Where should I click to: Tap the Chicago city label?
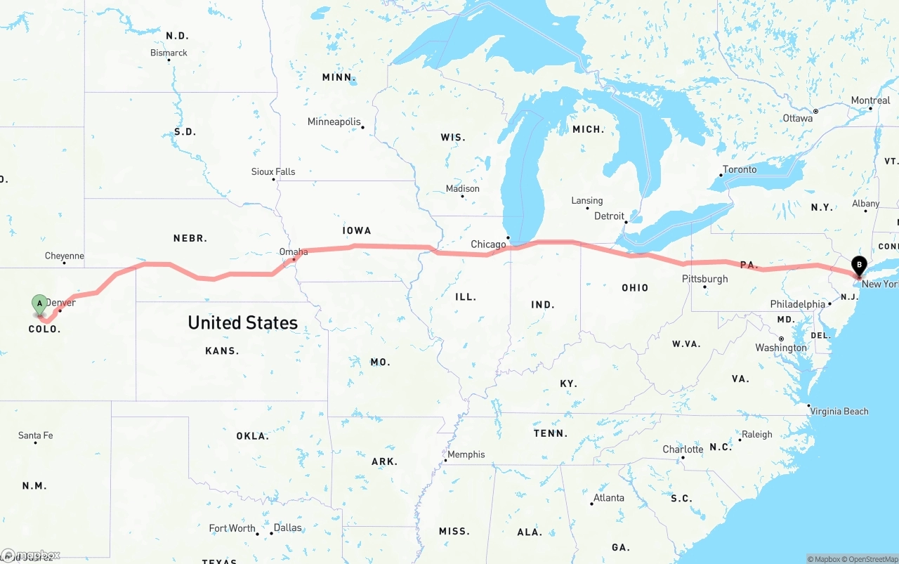[488, 244]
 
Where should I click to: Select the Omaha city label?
[294, 251]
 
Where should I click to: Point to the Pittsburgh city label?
[704, 279]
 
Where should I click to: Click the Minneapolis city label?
[334, 122]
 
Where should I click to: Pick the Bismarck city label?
[169, 53]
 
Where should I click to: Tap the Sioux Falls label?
[273, 171]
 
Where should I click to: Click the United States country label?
[242, 322]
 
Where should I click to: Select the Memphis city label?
[466, 454]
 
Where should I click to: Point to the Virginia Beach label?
[839, 412]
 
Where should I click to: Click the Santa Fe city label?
[35, 435]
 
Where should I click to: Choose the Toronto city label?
[740, 169]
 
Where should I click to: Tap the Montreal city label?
[870, 100]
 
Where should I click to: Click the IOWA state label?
[357, 230]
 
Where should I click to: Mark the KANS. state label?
[222, 350]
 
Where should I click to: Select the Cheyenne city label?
[65, 256]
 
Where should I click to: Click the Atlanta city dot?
[591, 504]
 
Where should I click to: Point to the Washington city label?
[781, 348]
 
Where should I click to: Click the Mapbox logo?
[31, 556]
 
